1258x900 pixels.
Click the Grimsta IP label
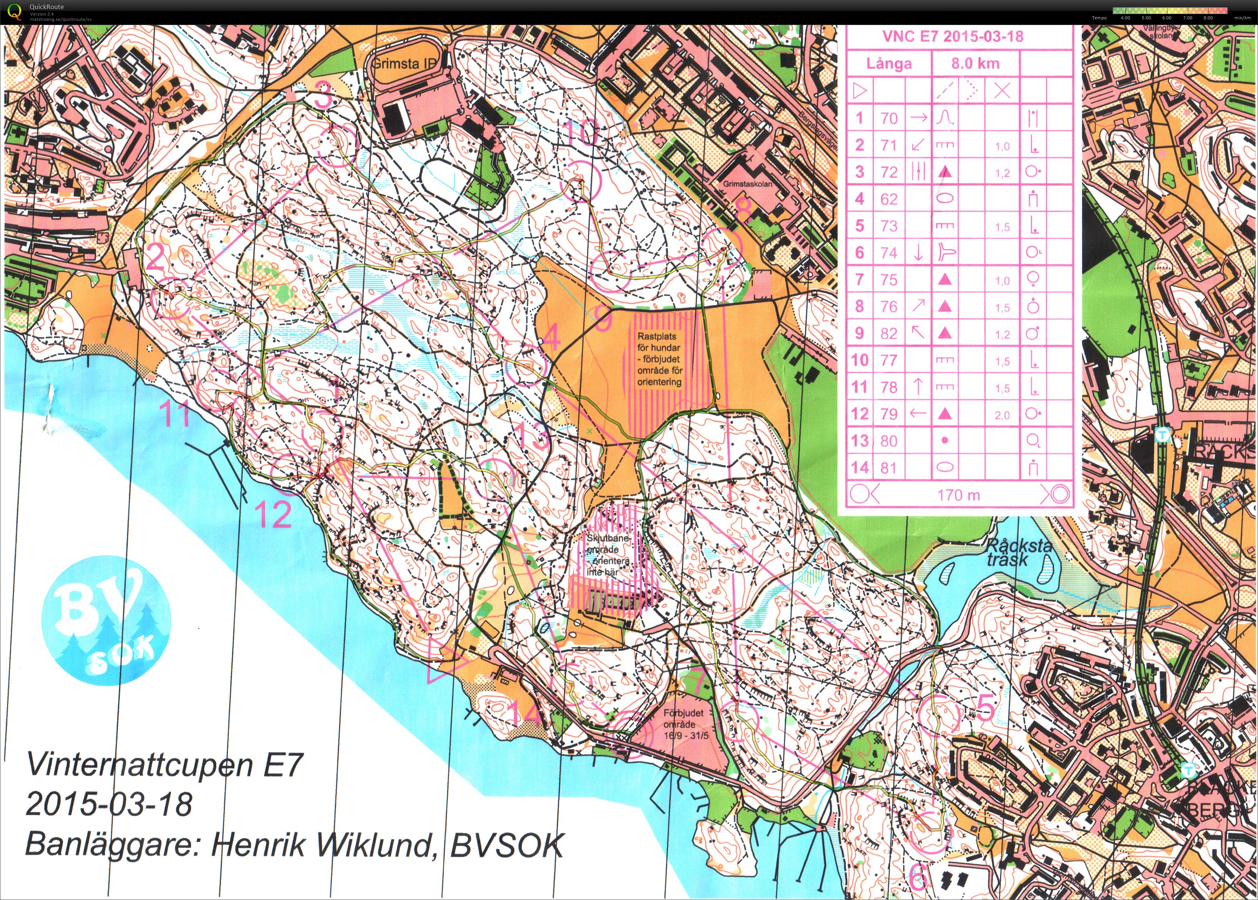click(x=403, y=63)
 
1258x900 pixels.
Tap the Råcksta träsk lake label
click(x=1018, y=552)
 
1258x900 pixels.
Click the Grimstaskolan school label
click(x=747, y=183)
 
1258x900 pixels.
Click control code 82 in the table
click(x=889, y=333)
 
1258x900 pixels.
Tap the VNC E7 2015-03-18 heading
click(x=953, y=36)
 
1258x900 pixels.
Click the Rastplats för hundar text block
click(x=659, y=359)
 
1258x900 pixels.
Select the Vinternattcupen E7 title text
click(x=164, y=765)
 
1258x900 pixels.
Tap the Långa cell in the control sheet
click(x=889, y=64)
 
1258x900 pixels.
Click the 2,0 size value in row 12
click(x=1002, y=415)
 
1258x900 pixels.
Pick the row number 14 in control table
click(x=859, y=467)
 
